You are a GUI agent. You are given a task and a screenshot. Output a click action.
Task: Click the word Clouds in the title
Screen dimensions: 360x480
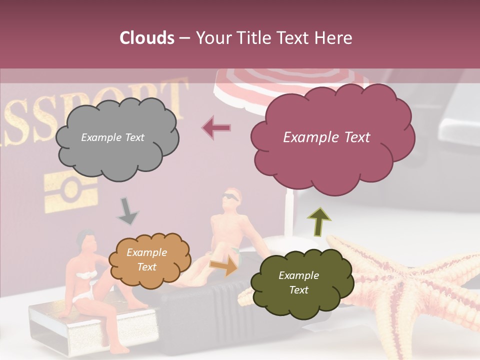(x=147, y=38)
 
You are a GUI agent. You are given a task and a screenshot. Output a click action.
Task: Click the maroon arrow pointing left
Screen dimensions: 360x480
(x=216, y=128)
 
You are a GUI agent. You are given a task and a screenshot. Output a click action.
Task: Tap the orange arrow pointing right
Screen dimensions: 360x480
(x=223, y=265)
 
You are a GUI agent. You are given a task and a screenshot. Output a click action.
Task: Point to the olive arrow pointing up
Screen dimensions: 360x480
(x=319, y=221)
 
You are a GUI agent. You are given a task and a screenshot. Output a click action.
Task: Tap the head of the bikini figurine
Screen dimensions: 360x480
(x=87, y=241)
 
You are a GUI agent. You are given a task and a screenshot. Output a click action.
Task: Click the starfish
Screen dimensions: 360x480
(x=410, y=290)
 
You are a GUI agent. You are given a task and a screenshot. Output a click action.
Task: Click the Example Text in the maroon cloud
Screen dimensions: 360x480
(x=326, y=137)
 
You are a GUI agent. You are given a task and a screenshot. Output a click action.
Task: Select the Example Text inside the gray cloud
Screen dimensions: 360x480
(x=112, y=137)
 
